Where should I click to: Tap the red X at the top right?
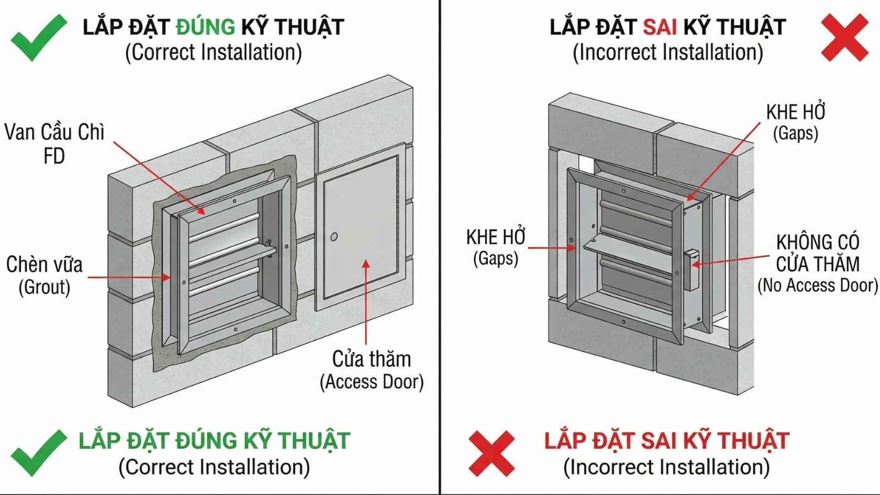[844, 37]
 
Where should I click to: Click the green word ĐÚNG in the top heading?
[205, 27]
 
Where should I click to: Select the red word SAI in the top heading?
[659, 27]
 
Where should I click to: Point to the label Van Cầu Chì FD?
[54, 144]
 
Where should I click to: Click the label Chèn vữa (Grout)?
[44, 275]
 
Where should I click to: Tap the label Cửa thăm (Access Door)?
[372, 370]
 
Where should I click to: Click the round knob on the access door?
[333, 237]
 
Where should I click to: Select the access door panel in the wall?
[360, 231]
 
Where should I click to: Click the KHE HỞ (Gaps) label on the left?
[496, 247]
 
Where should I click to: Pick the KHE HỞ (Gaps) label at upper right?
[795, 122]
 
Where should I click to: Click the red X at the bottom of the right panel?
[491, 453]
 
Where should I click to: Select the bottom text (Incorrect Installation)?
[666, 467]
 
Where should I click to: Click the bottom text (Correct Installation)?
[214, 467]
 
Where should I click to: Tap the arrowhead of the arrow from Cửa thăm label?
[366, 264]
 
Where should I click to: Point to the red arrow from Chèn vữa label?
[129, 277]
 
